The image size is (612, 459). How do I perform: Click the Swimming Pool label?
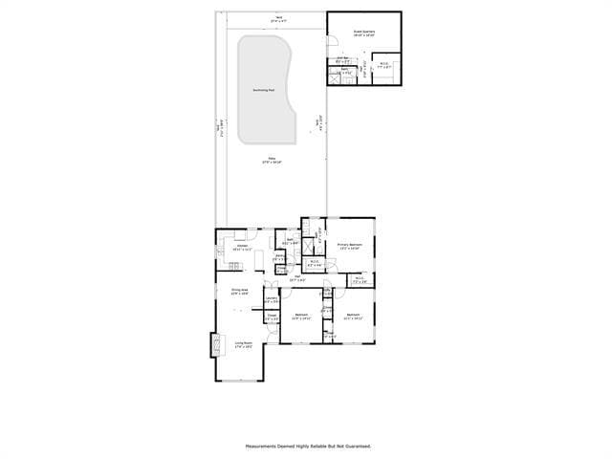tap(264, 90)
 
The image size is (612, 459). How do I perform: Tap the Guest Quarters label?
tap(363, 33)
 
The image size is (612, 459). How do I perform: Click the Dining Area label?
tap(239, 291)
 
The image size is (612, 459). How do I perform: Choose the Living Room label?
tap(243, 344)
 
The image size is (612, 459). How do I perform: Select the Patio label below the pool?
tap(271, 161)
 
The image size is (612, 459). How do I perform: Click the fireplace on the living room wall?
tap(215, 344)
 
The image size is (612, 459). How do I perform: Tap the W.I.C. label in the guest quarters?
tap(382, 66)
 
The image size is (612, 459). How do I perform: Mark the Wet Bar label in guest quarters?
tap(343, 60)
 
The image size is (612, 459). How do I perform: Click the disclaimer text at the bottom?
tap(308, 446)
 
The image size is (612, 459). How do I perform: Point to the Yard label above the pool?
tap(278, 17)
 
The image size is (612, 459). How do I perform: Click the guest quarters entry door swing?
tap(333, 41)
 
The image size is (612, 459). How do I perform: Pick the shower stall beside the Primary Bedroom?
tap(309, 246)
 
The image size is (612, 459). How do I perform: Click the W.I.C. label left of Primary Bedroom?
tap(315, 262)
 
